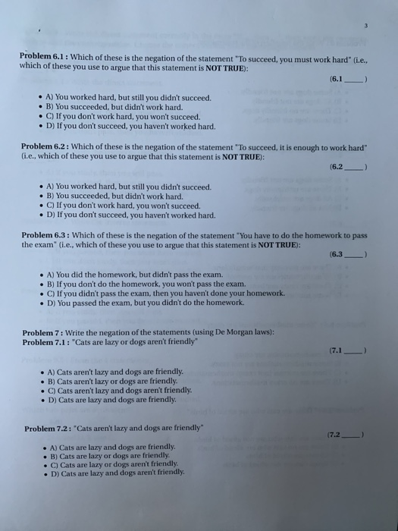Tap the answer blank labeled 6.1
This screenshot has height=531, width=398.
tap(350, 78)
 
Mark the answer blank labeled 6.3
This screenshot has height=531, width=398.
tap(350, 256)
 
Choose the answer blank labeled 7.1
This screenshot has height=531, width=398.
tap(350, 350)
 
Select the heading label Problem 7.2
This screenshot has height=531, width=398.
tap(46, 428)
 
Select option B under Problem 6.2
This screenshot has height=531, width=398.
tap(121, 196)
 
